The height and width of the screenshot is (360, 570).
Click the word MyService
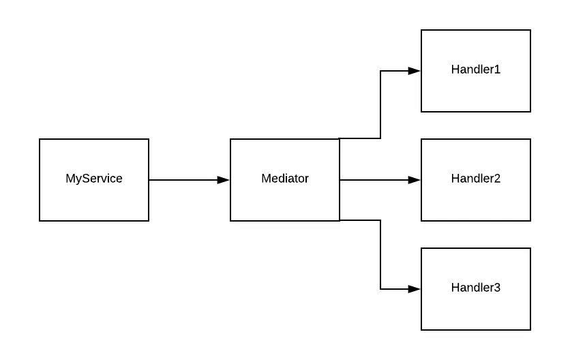[94, 179]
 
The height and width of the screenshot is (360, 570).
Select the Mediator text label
[285, 179]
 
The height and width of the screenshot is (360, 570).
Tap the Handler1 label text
[475, 70]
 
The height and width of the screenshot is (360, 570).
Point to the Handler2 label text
[475, 179]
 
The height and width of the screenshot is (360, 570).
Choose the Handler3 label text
[475, 288]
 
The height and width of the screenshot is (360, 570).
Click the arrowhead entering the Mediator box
[224, 180]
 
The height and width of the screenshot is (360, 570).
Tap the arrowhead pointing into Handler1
[415, 71]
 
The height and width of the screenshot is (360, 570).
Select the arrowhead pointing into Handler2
[415, 180]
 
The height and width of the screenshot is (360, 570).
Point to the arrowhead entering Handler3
[415, 289]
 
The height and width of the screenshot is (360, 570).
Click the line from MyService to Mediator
[184, 180]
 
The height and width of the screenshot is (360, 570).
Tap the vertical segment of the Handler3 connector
[380, 255]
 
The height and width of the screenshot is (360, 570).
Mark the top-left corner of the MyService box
[40, 139]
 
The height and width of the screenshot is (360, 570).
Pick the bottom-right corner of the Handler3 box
[530, 330]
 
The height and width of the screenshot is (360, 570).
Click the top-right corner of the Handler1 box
[530, 30]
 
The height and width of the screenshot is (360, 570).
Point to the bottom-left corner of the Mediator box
[230, 221]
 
